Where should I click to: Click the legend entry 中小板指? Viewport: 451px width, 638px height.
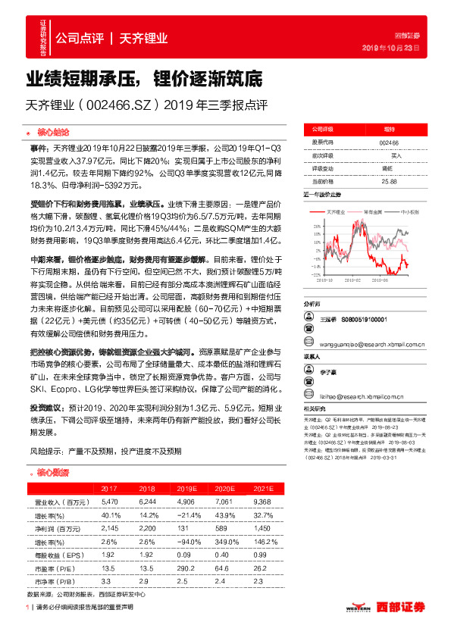[x=409, y=212]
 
